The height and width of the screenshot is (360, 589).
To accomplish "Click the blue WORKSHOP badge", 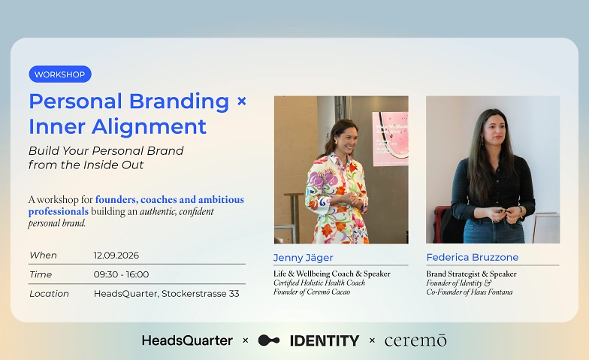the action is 60,74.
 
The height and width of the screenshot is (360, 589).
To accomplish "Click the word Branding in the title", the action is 179,102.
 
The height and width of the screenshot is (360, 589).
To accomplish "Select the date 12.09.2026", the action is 116,256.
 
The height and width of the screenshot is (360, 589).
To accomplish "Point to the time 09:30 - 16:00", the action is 121,275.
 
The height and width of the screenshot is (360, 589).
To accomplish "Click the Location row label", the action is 49,294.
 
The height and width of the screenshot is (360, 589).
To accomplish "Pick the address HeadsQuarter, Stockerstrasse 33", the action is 167,294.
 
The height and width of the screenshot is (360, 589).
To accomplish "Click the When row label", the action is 44,256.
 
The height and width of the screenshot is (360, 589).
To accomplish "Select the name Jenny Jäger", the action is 304,258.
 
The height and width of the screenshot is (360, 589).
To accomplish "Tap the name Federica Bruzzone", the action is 472,257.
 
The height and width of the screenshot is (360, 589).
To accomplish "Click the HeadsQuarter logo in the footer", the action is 187,340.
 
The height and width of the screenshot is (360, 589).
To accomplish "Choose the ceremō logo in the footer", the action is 415,340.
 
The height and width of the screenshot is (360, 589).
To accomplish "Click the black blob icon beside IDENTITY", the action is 269,340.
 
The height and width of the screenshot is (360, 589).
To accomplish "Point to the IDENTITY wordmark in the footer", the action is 325,341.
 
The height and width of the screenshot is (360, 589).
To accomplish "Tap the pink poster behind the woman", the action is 391,138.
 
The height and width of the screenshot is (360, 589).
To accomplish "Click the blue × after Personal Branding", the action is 242,101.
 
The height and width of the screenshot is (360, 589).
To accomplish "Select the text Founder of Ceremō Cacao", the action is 312,292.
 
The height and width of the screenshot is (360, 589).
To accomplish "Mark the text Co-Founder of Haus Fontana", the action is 469,292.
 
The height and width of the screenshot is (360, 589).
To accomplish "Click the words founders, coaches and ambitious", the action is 170,200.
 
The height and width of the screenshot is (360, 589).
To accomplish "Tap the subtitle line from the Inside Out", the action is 86,165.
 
